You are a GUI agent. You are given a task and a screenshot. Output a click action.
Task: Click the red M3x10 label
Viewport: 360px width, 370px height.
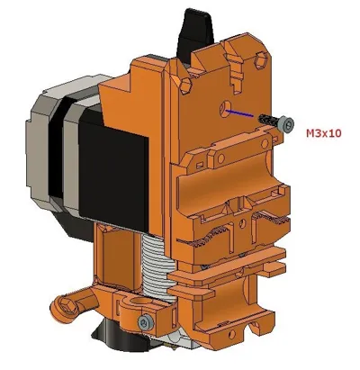pyautogui.click(x=324, y=133)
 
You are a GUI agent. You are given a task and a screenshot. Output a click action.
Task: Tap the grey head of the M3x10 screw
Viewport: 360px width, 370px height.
pyautogui.click(x=286, y=124)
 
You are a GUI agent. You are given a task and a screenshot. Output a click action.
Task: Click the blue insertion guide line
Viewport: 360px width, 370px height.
pyautogui.click(x=239, y=113)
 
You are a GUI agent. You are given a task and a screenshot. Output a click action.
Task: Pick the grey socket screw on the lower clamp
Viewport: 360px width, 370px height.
pyautogui.click(x=146, y=323)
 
